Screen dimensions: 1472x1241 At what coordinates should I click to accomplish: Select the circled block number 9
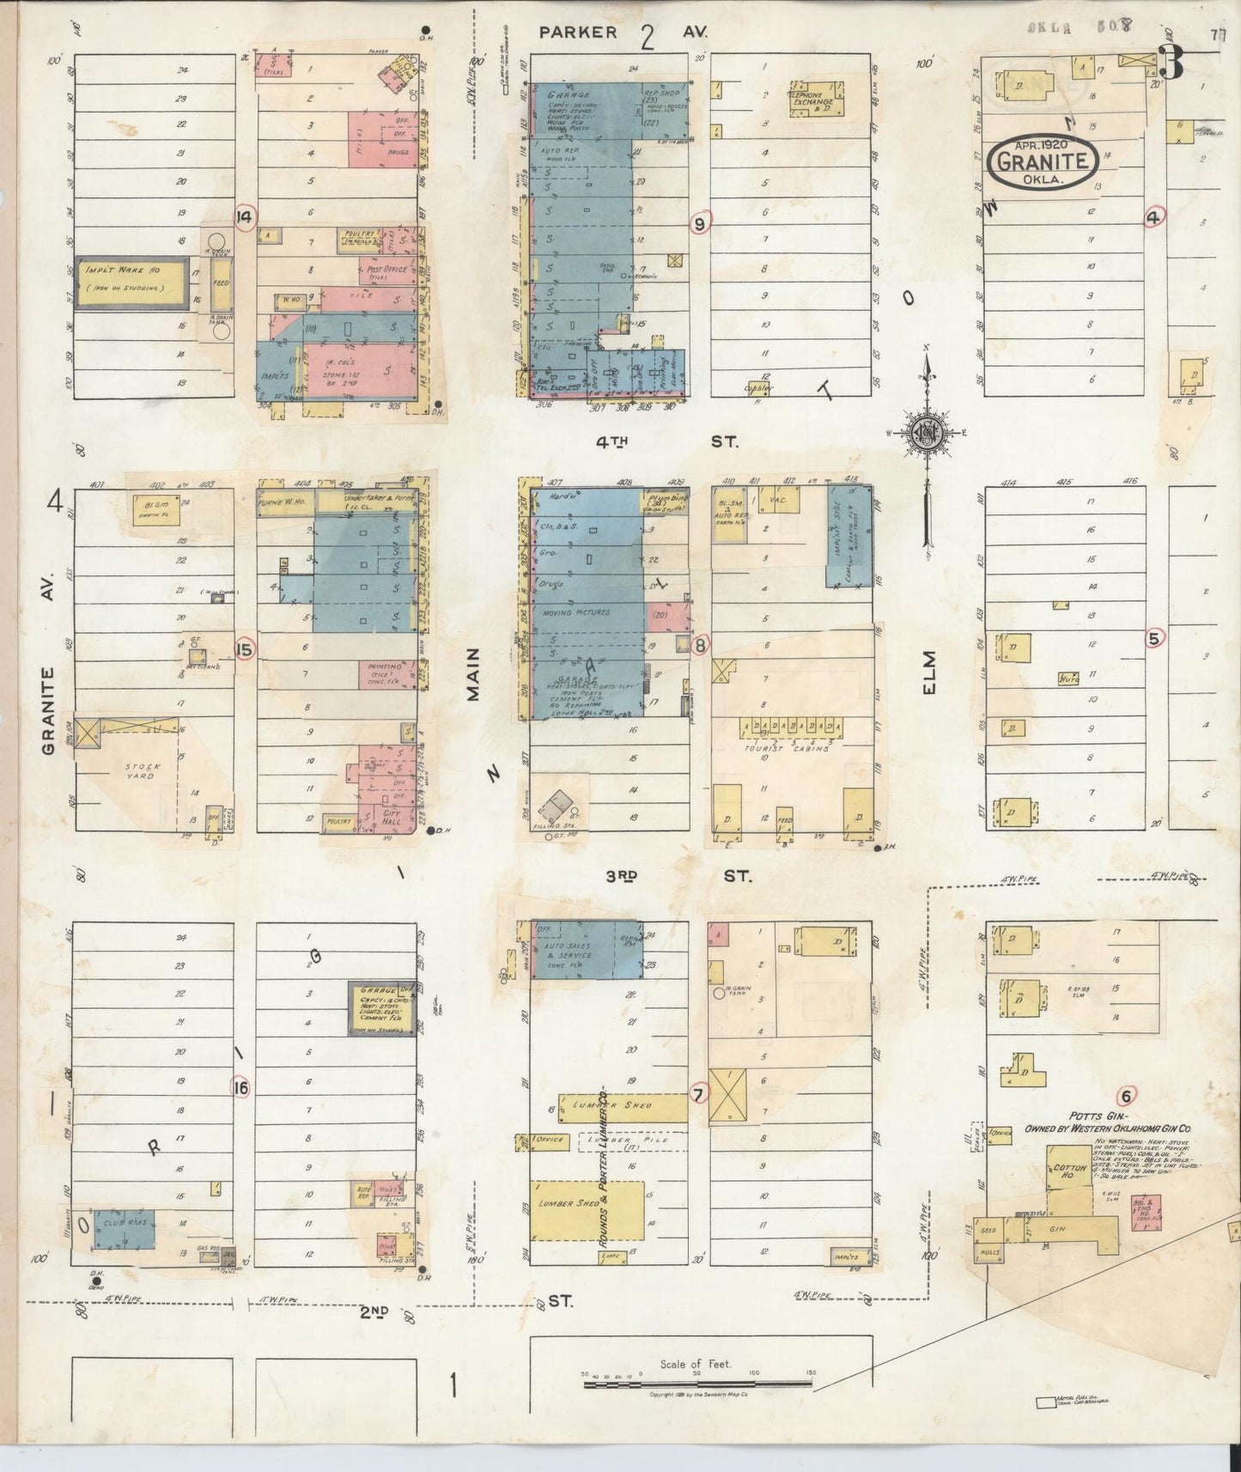pos(701,223)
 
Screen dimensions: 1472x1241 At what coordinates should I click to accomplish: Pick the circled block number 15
pos(245,649)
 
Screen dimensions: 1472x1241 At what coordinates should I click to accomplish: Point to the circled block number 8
pos(701,644)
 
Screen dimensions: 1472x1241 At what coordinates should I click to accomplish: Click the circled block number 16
pos(241,1088)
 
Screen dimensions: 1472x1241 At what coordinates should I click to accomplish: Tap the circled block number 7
pos(698,1094)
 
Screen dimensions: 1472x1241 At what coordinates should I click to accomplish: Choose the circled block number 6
pos(1126,1096)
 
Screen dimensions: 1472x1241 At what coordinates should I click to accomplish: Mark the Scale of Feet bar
pos(696,1383)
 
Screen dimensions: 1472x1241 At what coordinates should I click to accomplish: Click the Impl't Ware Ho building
pos(131,282)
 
